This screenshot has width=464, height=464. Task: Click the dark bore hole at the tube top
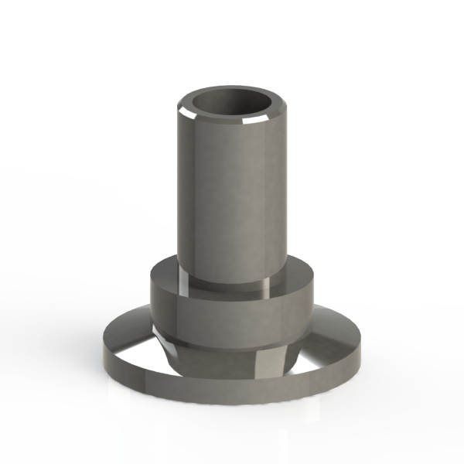[x=233, y=102]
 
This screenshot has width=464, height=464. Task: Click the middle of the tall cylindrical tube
[x=232, y=193]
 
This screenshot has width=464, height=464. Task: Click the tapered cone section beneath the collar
[x=232, y=352]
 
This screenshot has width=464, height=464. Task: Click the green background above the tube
[x=232, y=39]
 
